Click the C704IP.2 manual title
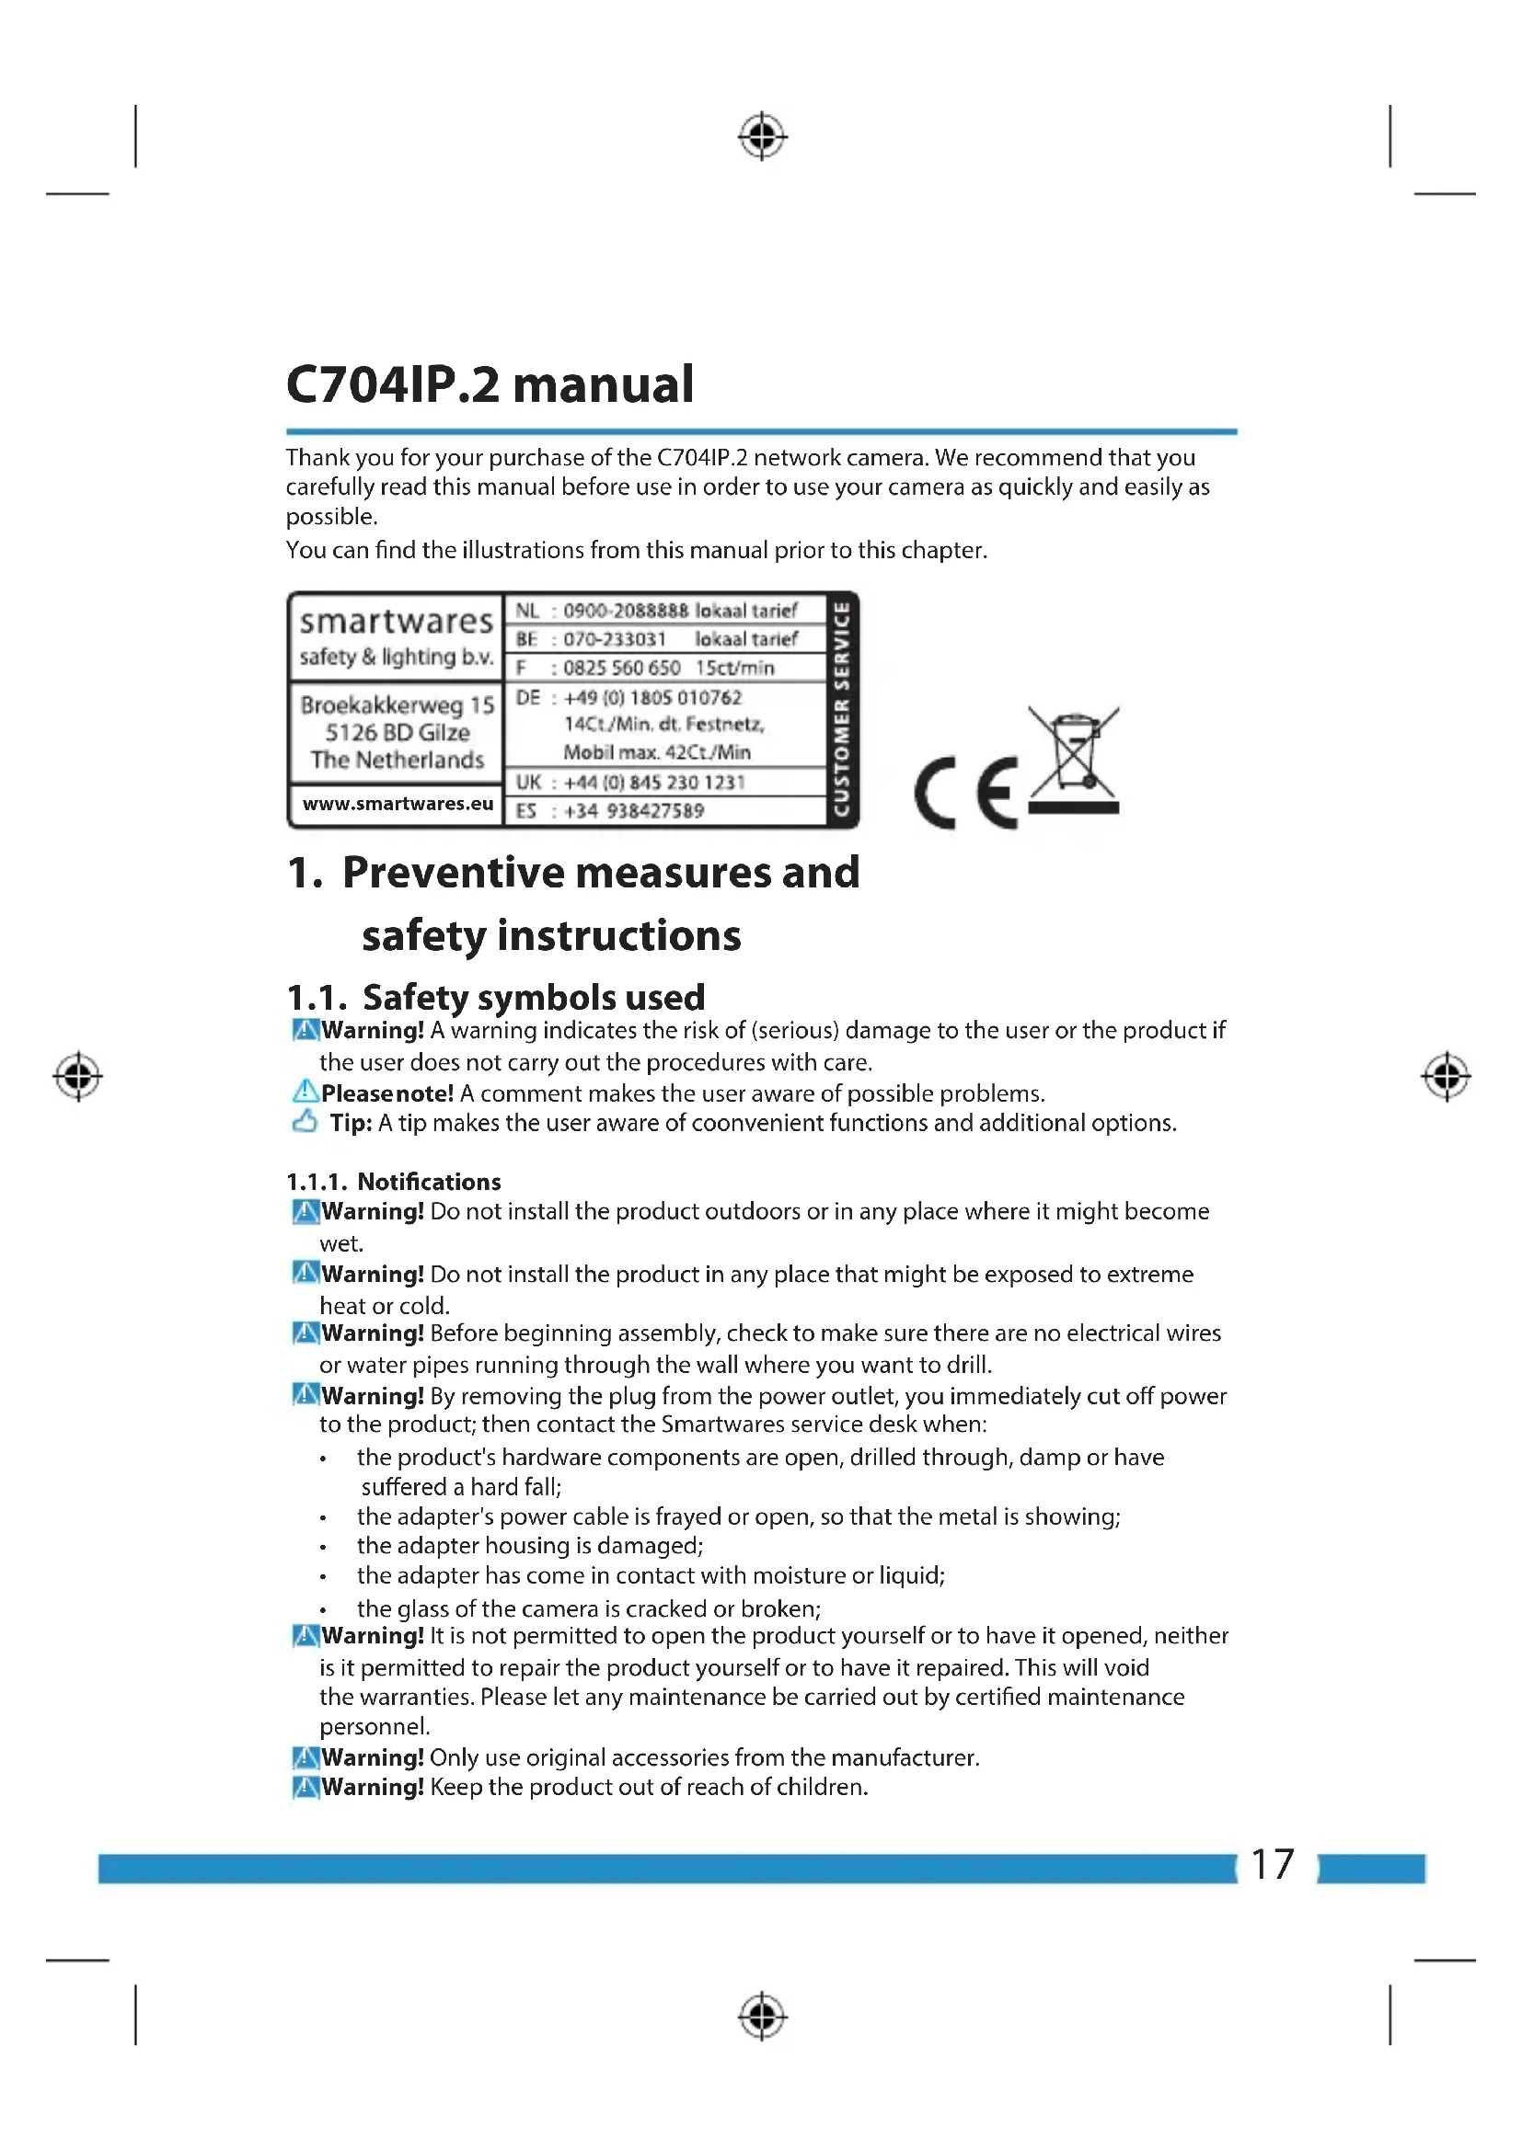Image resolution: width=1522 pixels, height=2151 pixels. [x=490, y=384]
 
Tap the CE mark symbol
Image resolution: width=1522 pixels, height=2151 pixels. [x=966, y=793]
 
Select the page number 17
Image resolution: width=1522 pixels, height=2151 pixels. [x=1272, y=1864]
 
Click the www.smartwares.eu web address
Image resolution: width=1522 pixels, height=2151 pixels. [x=398, y=804]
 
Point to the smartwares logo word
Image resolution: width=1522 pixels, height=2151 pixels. [x=396, y=621]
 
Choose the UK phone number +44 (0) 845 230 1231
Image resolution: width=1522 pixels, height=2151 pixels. [x=654, y=783]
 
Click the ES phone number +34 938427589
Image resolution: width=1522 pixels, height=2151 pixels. [x=633, y=810]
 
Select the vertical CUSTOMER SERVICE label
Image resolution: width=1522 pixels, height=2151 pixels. [x=842, y=709]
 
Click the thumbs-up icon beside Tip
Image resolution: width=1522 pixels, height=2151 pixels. [x=305, y=1121]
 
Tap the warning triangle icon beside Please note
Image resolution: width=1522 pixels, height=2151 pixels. [x=305, y=1092]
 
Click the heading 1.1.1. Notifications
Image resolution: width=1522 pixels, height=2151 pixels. [x=394, y=1182]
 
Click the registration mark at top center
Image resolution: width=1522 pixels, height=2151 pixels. [x=762, y=137]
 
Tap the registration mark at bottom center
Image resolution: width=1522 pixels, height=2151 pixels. [x=762, y=2016]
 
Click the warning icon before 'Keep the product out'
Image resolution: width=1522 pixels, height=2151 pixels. [x=305, y=1788]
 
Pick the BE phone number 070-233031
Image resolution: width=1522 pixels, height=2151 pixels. [x=614, y=639]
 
